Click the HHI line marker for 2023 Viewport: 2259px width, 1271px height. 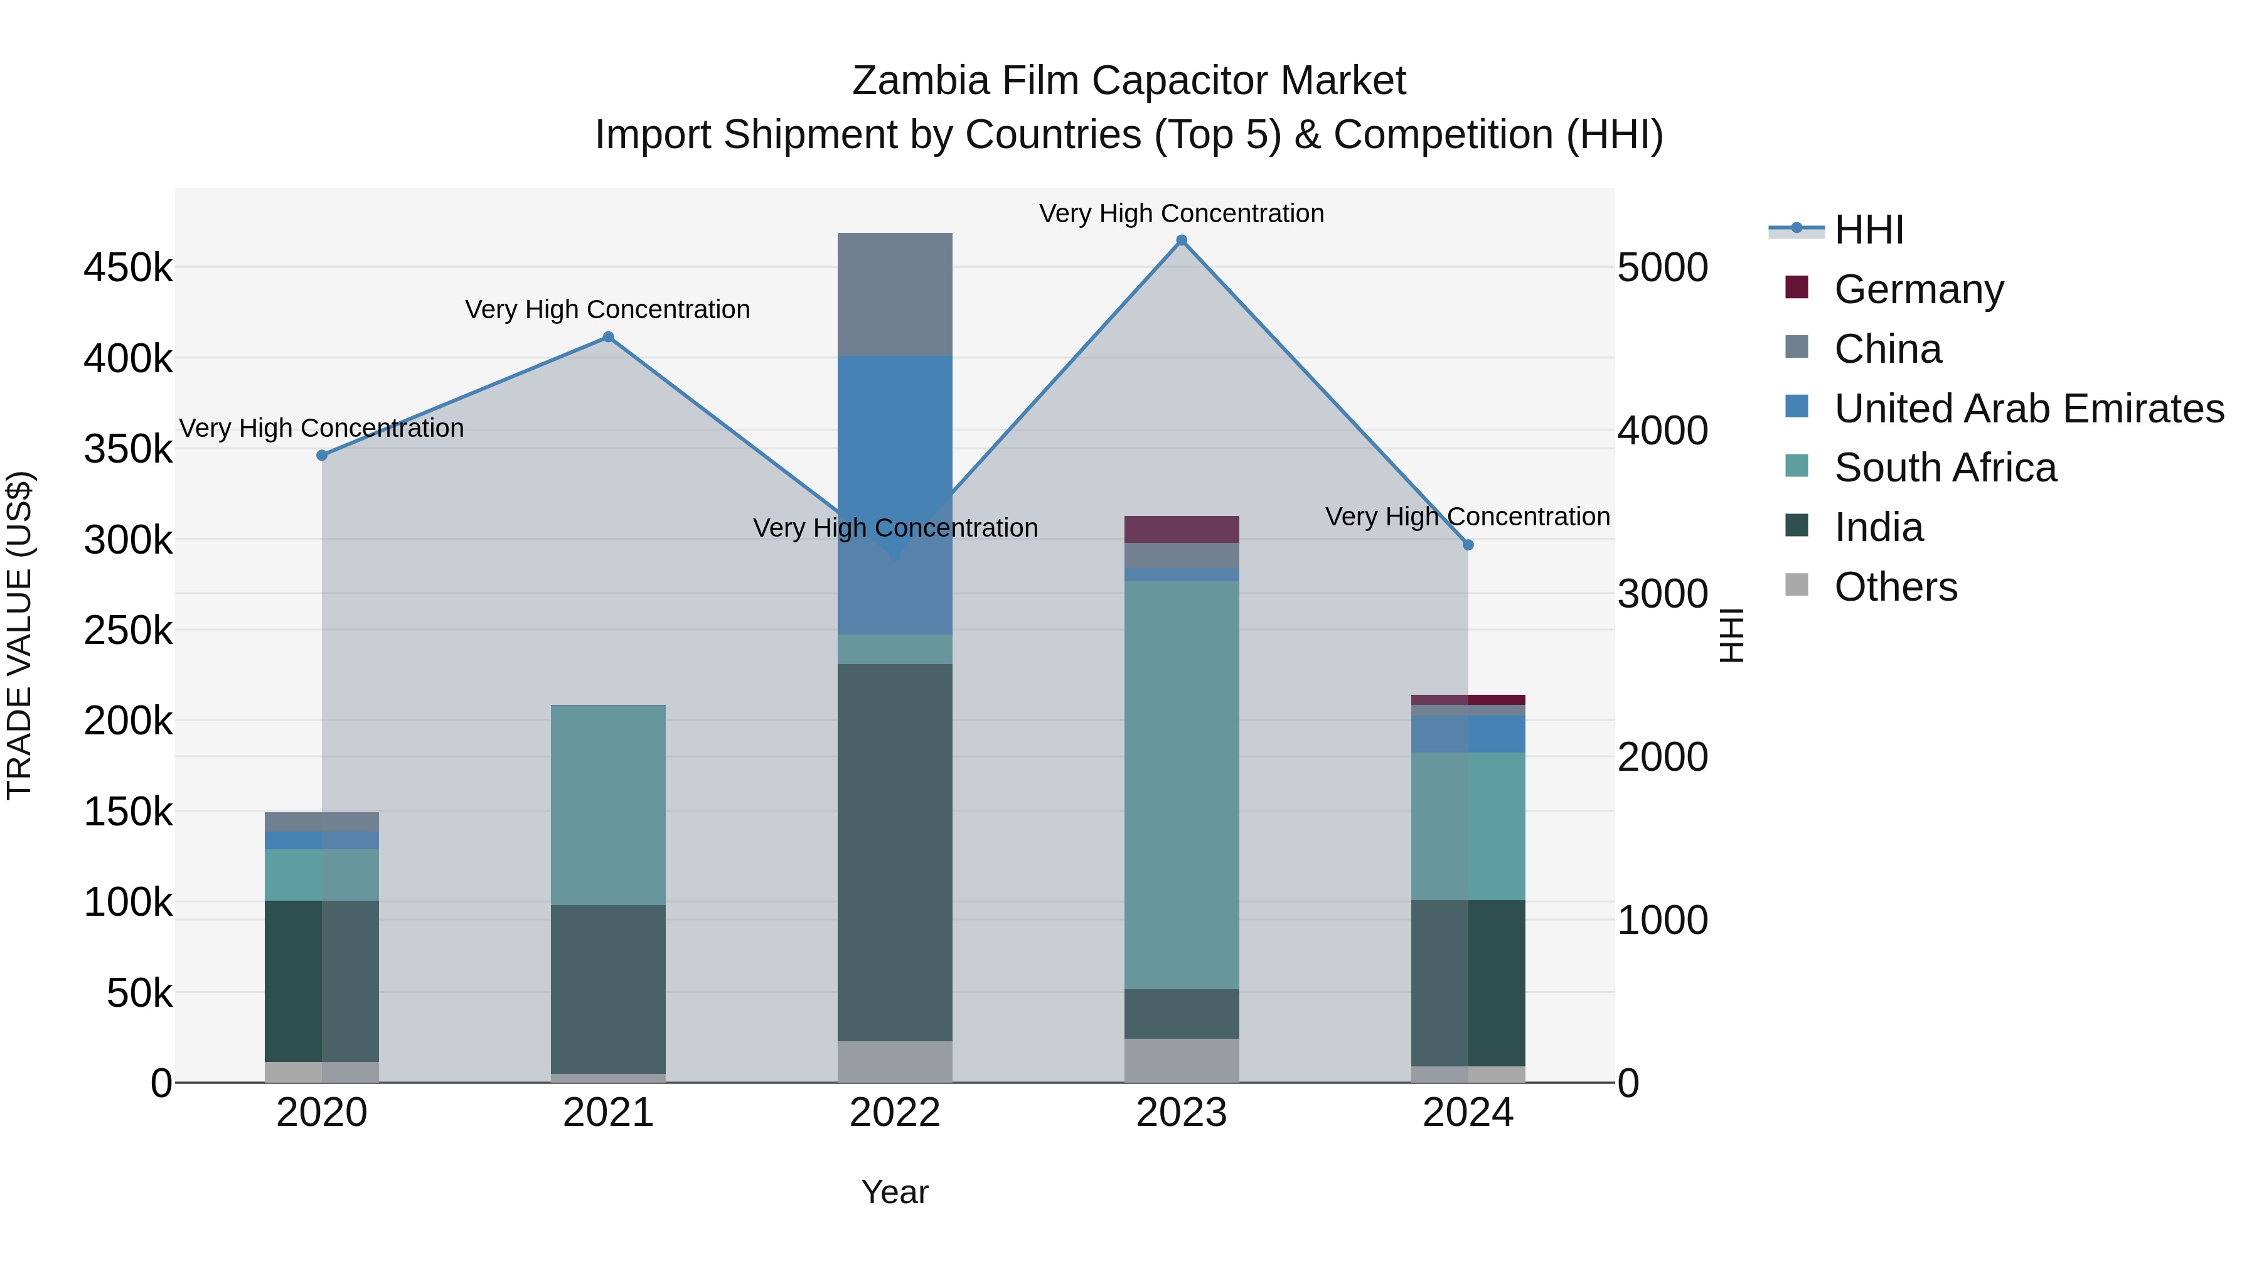click(x=1181, y=240)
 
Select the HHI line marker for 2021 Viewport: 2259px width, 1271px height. click(x=607, y=337)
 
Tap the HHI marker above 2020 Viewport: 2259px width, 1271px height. click(x=322, y=455)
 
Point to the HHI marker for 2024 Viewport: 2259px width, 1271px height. click(x=1468, y=545)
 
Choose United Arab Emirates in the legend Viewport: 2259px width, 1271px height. click(x=2028, y=409)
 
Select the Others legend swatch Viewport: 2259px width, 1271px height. click(x=1797, y=585)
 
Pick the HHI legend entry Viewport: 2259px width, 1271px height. click(x=1868, y=230)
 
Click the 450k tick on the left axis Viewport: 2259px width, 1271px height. click(x=128, y=267)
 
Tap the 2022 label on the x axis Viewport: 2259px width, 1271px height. click(x=894, y=1113)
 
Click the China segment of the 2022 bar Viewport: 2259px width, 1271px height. click(x=894, y=294)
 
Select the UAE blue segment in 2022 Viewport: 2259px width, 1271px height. click(x=894, y=439)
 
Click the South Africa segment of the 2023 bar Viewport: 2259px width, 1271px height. click(x=1181, y=785)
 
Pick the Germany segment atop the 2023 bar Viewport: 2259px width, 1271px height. click(x=1181, y=529)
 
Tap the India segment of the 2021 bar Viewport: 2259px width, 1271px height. click(x=607, y=989)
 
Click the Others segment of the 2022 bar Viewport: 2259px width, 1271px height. click(x=894, y=1061)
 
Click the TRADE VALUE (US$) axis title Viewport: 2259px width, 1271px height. click(x=19, y=635)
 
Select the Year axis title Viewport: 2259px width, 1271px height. click(x=894, y=1192)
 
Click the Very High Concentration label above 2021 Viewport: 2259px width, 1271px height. click(x=607, y=309)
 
